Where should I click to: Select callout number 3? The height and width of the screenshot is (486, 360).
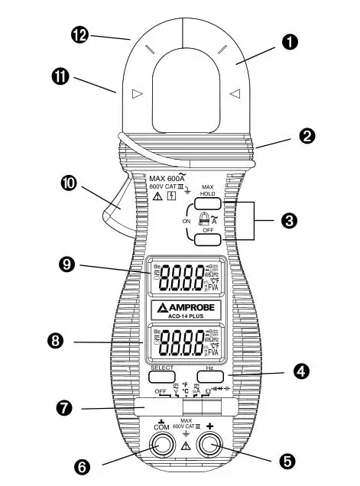pos(289,221)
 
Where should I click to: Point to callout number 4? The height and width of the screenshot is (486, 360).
pos(301,372)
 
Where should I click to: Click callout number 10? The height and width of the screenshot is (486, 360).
pos(69,184)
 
